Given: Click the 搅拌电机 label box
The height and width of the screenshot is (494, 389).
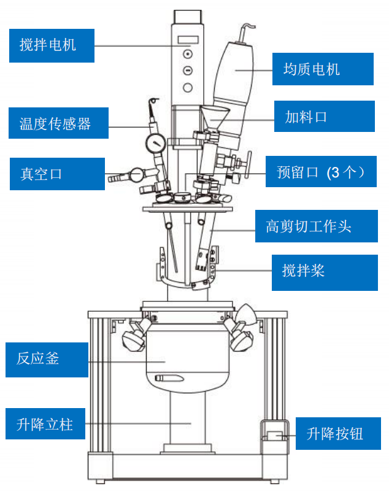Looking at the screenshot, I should pos(52,45).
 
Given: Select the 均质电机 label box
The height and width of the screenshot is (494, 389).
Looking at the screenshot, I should pos(322,69).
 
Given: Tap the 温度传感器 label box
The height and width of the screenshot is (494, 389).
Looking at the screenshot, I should pos(58,123).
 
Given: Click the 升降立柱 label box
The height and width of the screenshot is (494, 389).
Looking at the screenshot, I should pos(48,424).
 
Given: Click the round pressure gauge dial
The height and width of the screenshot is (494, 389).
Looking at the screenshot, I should pos(156,144).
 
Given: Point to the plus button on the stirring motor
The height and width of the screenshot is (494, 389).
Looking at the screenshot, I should pos(188,54).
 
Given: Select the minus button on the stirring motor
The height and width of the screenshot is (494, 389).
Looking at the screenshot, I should pos(188,70).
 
